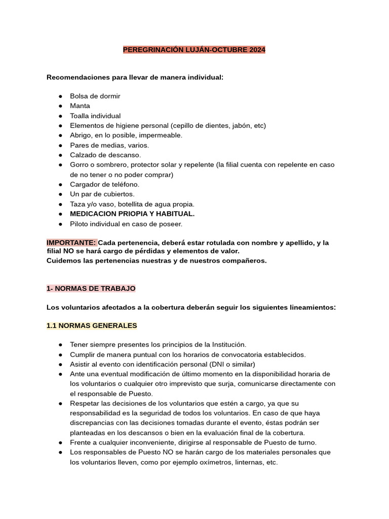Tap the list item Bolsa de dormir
[95, 96]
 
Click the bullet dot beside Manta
[60, 106]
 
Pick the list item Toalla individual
[95, 116]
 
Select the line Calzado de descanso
[105, 155]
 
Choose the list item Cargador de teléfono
[104, 184]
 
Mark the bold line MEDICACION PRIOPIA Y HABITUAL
[132, 214]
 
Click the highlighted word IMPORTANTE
[71, 243]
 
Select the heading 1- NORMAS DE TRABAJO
[91, 288]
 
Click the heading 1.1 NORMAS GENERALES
[92, 325]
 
